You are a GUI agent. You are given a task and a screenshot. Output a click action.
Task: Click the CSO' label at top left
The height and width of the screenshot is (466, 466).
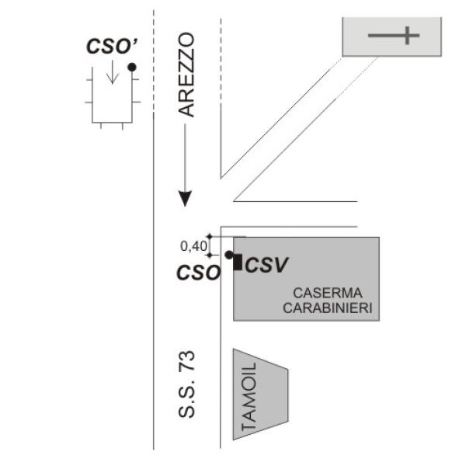[106, 46]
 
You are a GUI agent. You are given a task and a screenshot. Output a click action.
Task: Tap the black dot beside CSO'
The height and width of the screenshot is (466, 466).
[132, 68]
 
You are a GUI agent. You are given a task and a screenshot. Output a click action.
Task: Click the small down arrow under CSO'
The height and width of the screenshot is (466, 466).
[112, 75]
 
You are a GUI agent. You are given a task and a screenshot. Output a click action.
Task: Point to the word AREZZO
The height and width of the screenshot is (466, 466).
[186, 75]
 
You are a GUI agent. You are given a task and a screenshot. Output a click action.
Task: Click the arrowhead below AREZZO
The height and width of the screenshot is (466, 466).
[185, 198]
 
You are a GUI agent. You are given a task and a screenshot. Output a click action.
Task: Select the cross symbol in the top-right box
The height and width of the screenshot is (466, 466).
[395, 35]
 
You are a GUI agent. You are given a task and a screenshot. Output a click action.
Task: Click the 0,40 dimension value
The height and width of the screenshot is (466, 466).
[193, 246]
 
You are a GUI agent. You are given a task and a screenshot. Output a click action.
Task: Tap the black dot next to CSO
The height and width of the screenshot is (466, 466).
[228, 255]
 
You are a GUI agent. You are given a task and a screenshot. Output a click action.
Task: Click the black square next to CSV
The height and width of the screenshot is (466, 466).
[237, 262]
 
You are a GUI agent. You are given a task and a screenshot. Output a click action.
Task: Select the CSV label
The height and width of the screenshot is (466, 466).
[266, 266]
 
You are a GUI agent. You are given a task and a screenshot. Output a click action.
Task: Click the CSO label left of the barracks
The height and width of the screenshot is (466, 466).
[198, 273]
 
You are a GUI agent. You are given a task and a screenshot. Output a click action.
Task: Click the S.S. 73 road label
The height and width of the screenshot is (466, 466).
[186, 386]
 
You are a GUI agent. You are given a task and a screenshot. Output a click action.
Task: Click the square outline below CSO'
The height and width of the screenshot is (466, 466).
[112, 97]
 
